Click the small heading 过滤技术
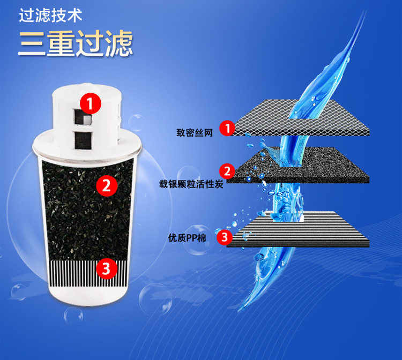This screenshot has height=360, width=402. tap(50, 16)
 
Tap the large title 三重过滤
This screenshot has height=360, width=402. tap(76, 43)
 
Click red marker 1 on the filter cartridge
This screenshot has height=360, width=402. tap(90, 103)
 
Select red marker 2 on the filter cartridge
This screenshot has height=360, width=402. tap(107, 185)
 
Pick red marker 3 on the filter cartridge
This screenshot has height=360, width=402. tap(107, 268)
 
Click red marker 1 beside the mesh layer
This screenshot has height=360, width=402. tap(227, 128)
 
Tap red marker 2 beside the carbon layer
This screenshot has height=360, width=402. tap(227, 171)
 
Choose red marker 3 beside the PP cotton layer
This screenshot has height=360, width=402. tap(225, 237)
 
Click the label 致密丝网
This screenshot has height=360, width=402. tap(195, 133)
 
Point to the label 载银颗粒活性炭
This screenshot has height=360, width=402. tap(191, 184)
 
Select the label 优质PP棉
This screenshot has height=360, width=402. tap(187, 238)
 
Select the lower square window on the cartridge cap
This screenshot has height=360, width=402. tap(83, 140)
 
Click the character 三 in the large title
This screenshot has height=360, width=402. tap(32, 43)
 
